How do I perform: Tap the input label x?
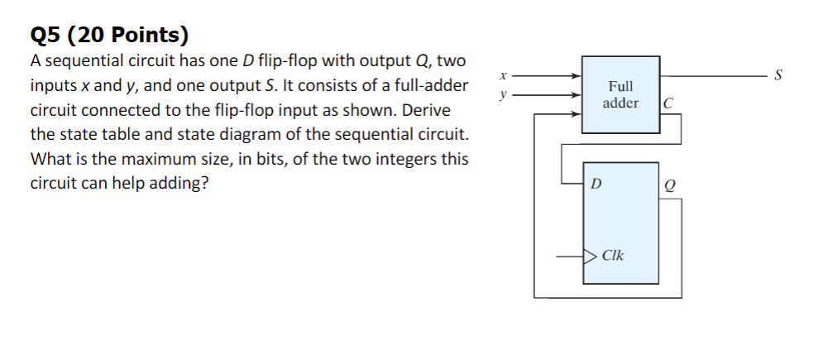(x=502, y=76)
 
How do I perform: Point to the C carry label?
(x=667, y=103)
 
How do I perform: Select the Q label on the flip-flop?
(x=667, y=186)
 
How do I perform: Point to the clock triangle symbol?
(x=589, y=256)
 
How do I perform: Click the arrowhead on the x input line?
(x=577, y=76)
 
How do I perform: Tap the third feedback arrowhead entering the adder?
(x=577, y=115)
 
